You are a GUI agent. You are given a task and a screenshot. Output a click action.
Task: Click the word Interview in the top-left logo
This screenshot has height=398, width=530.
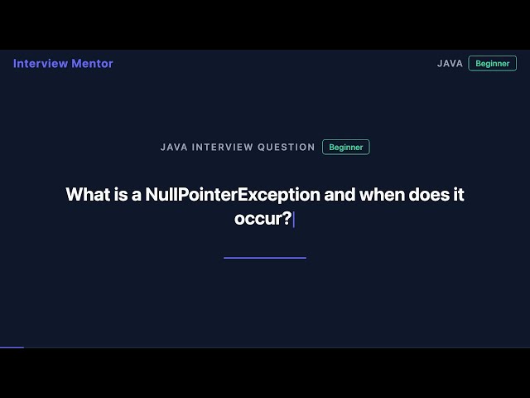tap(41, 64)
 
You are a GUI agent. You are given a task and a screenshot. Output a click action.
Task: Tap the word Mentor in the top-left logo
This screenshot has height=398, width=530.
tap(93, 64)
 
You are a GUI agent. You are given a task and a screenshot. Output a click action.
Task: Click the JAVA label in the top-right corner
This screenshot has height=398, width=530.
tap(450, 64)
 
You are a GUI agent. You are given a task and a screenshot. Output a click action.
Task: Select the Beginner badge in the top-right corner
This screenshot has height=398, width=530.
tap(492, 64)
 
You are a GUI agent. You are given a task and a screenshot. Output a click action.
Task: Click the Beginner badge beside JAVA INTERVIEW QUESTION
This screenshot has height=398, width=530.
tap(345, 147)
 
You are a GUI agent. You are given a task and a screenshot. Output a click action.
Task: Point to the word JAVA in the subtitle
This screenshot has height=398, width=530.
tap(173, 147)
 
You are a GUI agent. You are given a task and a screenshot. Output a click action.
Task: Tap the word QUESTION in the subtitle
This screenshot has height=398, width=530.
tap(287, 147)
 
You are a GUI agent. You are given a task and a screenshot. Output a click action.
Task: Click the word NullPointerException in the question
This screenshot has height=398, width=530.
tap(233, 195)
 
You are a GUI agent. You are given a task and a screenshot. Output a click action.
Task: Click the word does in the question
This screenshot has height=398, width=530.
tap(428, 195)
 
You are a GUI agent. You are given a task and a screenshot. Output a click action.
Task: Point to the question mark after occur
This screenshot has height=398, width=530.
tap(287, 219)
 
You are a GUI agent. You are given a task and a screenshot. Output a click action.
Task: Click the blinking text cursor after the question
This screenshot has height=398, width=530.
tap(293, 219)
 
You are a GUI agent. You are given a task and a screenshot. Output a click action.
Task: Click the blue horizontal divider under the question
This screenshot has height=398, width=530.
tap(265, 258)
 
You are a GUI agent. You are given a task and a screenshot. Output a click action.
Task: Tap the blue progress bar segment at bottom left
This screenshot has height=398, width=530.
tap(12, 347)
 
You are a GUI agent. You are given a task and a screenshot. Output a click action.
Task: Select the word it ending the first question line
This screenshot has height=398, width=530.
tap(458, 195)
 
